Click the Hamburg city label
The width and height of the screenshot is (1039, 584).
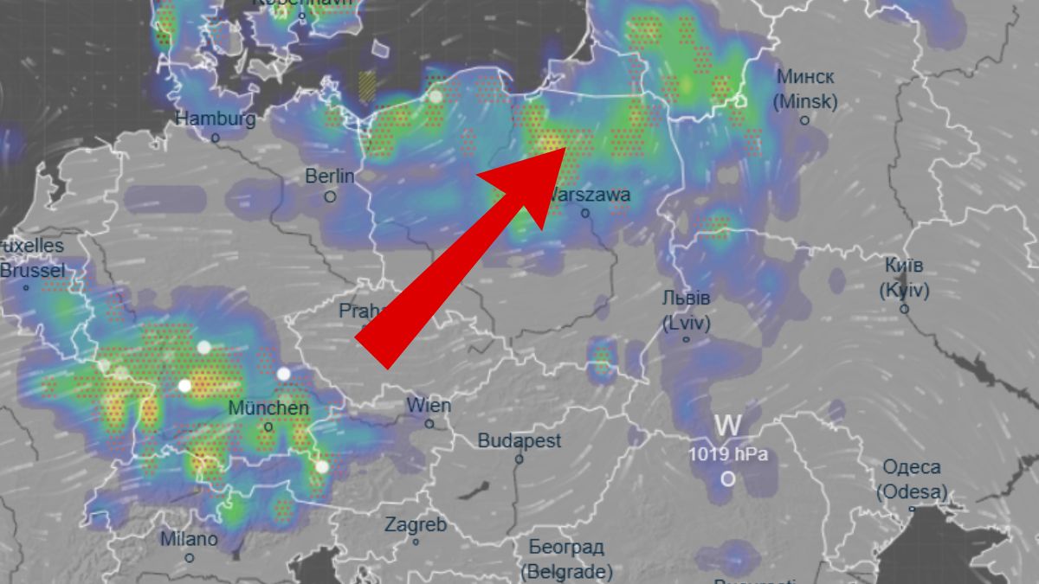pos(216,119)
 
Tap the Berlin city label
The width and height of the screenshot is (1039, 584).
pos(330,176)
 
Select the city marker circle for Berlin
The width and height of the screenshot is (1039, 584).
pos(330,197)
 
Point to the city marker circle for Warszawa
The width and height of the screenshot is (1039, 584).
pos(585,213)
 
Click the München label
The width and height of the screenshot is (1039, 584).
pos(268,408)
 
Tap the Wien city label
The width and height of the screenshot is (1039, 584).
pos(429,405)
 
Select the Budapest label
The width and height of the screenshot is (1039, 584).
pos(519,440)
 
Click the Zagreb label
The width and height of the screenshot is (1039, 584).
pos(416,524)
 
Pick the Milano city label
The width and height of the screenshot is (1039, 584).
pos(189,539)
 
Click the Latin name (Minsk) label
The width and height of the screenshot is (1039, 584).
pos(805,102)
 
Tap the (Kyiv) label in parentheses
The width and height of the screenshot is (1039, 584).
pos(904,291)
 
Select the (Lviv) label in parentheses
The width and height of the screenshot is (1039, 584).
pos(686,324)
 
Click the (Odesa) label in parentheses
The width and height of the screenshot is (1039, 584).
pos(911,493)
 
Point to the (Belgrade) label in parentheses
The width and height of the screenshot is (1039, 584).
pos(566,571)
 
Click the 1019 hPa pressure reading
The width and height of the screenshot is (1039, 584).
pos(727,454)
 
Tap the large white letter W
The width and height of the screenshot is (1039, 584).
pos(728,426)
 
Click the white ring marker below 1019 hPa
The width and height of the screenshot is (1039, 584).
pos(728,478)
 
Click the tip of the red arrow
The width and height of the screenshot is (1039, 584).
pos(567,147)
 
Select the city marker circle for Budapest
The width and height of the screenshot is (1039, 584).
pos(519,459)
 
